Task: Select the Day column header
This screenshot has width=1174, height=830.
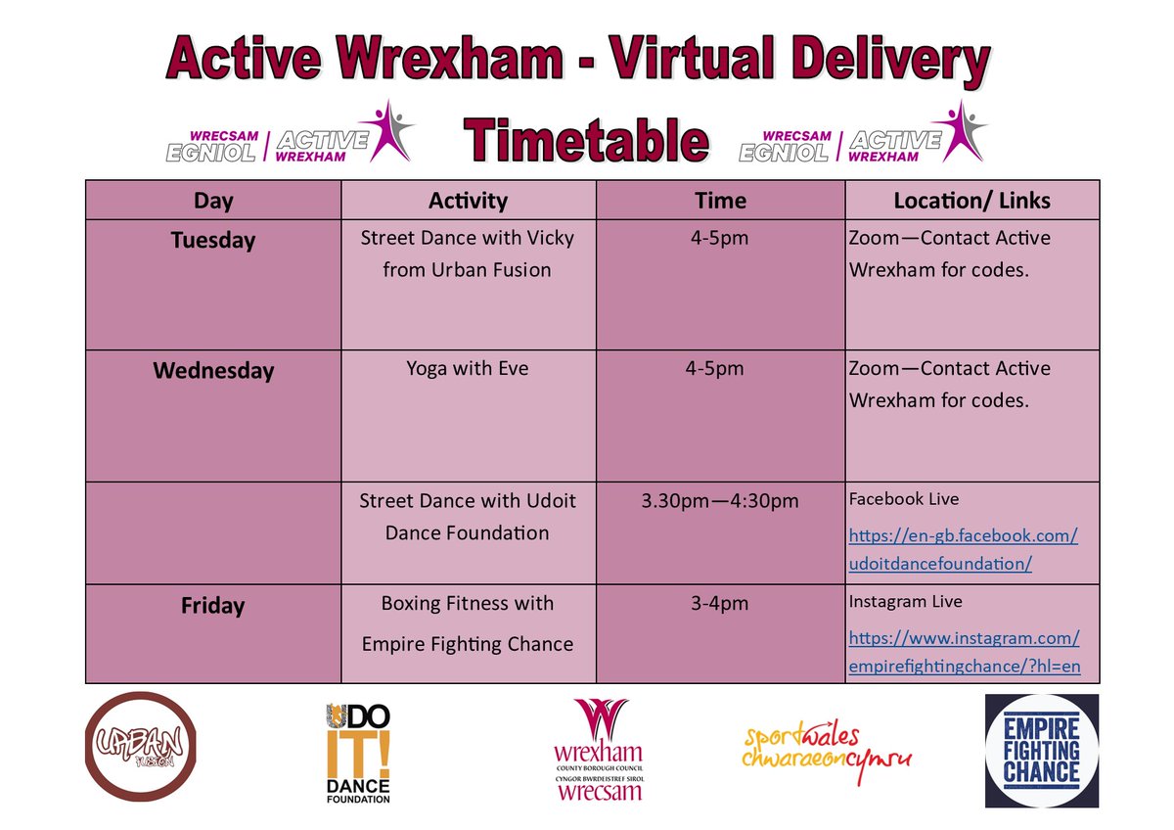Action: point(213,201)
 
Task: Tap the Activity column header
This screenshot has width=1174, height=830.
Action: point(468,201)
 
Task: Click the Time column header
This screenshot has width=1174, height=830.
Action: point(720,201)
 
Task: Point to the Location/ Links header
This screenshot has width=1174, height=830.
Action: point(971,201)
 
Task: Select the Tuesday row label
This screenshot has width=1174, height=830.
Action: point(212,241)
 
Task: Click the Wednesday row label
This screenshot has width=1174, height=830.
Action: point(212,371)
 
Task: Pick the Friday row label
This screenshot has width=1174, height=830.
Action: point(212,606)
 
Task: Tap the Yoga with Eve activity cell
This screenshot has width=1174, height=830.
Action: point(468,369)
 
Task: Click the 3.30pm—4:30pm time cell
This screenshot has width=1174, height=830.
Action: point(720,501)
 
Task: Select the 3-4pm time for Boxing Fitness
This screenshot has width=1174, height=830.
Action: point(720,604)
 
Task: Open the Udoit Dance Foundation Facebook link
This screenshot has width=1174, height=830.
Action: point(963,550)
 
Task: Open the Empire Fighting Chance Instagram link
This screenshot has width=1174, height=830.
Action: point(964,653)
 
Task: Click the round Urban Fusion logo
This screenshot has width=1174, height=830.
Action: point(141,747)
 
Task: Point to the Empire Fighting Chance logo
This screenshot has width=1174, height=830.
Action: point(1041,751)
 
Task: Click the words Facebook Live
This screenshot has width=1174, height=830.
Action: point(904,499)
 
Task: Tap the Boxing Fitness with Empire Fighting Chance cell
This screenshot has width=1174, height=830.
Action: point(468,623)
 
